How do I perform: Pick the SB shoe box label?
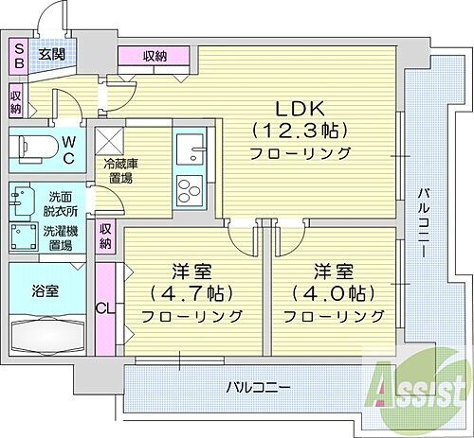(x=17, y=55)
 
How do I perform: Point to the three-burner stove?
(x=188, y=185)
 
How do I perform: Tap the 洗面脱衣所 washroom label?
(x=61, y=202)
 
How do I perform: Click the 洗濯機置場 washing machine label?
(x=61, y=237)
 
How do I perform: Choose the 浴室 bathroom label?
(x=45, y=289)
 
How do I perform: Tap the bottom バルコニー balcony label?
(x=257, y=387)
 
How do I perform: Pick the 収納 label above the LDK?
(x=155, y=57)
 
